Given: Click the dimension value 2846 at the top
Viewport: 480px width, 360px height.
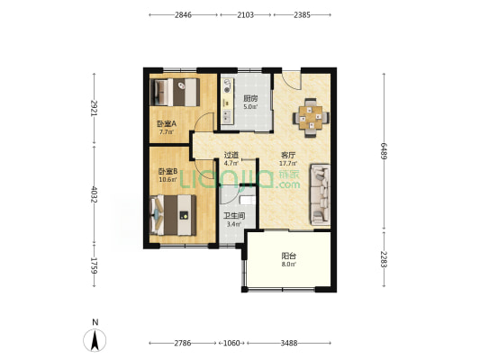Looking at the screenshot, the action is pos(183,15).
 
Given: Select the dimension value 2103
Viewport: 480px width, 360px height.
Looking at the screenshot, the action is pos(246,15).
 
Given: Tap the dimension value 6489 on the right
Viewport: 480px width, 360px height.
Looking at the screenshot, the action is pos(384,151).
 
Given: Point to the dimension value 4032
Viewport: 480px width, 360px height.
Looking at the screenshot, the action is pos(94,194).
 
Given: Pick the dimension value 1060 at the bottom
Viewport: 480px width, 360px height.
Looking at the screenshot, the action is pos(231,343).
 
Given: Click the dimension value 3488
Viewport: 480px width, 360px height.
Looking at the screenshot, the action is pos(289,343).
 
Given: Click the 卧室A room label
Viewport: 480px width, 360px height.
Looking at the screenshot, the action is pos(167,124).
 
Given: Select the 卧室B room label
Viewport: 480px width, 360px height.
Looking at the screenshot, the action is pos(168,171).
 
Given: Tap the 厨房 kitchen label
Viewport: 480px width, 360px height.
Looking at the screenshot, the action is pos(250,98).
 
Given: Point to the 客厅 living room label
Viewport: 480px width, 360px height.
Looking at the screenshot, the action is pos(288,155).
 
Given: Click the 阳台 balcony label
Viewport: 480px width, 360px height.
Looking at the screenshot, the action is pos(289,256).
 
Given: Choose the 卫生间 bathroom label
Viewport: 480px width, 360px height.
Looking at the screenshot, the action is pos(234,216).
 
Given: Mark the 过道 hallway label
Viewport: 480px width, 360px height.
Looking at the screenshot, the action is pos(231,156).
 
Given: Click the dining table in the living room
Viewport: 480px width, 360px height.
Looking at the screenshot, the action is pos(311,118).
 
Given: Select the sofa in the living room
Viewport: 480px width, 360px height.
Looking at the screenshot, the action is pos(321,194).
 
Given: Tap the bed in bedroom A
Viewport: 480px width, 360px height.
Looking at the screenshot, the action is pos(175,93).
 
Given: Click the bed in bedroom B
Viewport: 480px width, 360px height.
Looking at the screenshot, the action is pos(173,215).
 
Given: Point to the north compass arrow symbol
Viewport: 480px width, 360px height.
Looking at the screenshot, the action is pos(95,340).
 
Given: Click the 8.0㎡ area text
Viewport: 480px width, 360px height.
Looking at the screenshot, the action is pos(289,265).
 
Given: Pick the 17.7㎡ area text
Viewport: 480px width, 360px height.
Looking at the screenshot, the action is pos(288,164).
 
